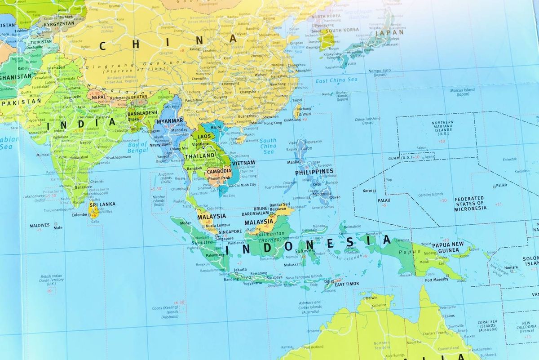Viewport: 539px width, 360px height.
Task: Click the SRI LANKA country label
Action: click(x=102, y=204)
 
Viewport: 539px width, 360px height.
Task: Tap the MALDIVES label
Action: click(x=40, y=225)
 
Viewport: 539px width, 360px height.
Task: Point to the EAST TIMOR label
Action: click(x=346, y=284)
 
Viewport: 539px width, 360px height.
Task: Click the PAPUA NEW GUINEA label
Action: click(x=447, y=247)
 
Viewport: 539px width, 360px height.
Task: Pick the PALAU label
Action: click(x=384, y=200)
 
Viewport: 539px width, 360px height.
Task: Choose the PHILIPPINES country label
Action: click(x=314, y=171)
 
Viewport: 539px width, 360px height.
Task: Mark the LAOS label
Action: click(x=204, y=136)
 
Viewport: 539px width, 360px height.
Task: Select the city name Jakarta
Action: click(x=240, y=270)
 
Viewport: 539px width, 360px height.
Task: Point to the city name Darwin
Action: click(x=371, y=298)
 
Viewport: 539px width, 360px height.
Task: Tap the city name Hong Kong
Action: click(x=273, y=123)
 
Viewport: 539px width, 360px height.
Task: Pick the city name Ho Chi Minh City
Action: click(x=243, y=185)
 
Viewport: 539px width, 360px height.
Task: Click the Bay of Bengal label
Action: click(x=137, y=147)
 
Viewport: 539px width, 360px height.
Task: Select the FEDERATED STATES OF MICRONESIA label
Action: click(x=469, y=203)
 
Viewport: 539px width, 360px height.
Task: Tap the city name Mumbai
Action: click(x=43, y=155)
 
